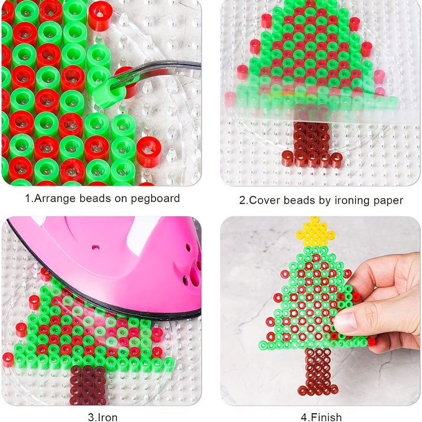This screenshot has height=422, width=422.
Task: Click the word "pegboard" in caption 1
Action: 155,199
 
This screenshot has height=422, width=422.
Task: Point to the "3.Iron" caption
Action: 102,417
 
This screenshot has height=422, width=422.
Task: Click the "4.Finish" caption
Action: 321,417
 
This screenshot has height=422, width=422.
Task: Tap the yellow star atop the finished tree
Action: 315,232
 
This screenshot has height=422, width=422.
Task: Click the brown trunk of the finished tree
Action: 318,371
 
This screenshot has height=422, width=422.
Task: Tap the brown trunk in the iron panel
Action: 88,385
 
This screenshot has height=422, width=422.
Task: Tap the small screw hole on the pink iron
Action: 95,247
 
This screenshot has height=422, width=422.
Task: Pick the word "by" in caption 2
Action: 325,201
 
